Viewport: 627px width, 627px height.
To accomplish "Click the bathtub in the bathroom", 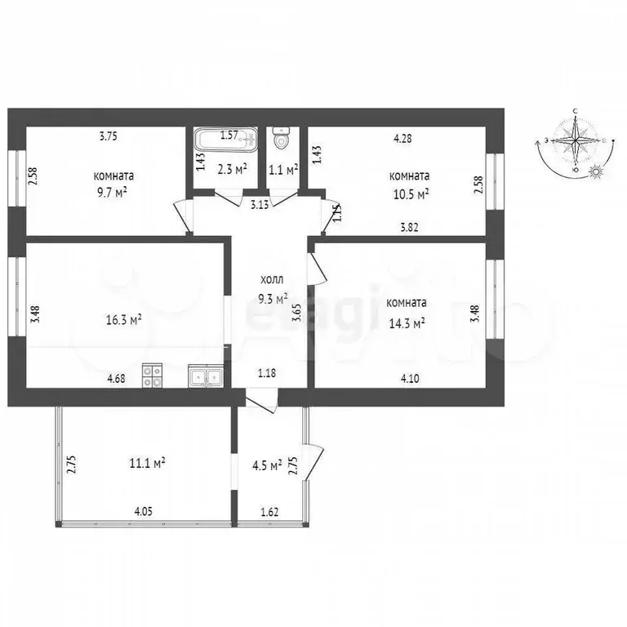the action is pos(226,139).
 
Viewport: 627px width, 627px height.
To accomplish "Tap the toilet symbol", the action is pos(282,137).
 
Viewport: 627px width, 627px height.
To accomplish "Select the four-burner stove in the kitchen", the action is pos(153,376).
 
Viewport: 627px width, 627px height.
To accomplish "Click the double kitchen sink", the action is pos(205,376).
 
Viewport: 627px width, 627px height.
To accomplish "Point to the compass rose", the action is pos(575,141).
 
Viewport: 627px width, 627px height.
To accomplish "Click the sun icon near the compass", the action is pos(596,171).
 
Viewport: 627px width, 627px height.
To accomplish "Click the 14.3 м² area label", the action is pos(407,323).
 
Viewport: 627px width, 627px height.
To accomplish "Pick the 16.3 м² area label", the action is pos(124,320).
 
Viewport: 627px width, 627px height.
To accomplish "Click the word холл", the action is pos(272,279).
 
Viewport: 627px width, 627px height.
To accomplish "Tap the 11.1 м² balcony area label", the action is pos(148,463).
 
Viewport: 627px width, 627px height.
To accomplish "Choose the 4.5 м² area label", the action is pos(268,466).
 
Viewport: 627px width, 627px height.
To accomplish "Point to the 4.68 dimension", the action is pos(117,378).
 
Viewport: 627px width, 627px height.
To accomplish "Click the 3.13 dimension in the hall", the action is pos(260,205).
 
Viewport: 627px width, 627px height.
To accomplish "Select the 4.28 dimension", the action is pos(402,139).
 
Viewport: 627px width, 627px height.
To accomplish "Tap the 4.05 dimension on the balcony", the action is pos(143,511).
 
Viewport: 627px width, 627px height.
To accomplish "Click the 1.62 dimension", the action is pos(269,512).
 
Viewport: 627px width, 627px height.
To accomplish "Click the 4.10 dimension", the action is pos(410,378).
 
